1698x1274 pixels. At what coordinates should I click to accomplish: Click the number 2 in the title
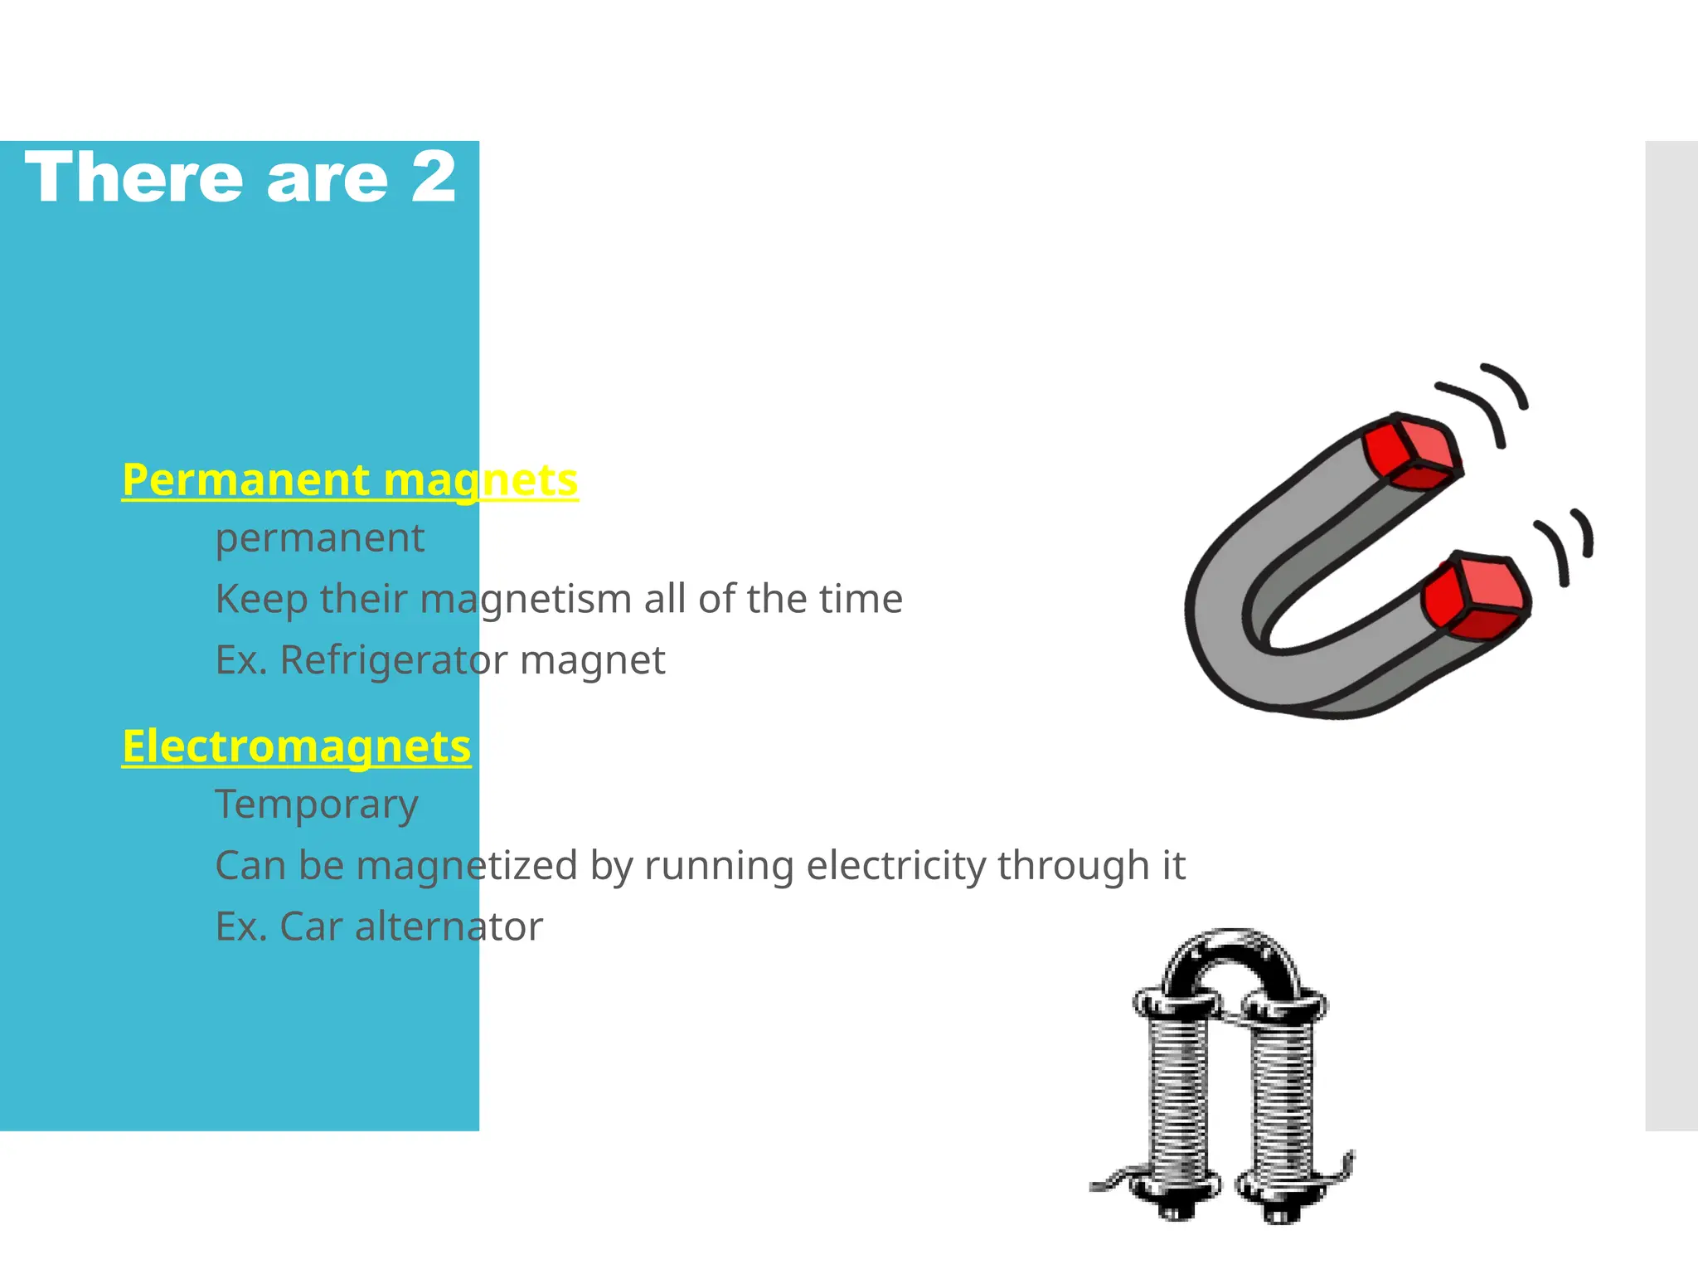(434, 177)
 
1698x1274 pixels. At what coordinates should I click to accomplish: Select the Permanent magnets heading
(349, 479)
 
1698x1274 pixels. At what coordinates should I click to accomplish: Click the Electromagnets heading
(296, 746)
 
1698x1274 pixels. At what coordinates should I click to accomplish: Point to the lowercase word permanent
(319, 538)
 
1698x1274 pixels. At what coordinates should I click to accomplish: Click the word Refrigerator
(393, 660)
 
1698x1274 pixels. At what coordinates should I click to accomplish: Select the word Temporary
(316, 804)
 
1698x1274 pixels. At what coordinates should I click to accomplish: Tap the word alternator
(449, 926)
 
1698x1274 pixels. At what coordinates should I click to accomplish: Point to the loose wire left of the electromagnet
(1115, 1179)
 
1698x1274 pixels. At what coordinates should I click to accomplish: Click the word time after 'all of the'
(866, 599)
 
